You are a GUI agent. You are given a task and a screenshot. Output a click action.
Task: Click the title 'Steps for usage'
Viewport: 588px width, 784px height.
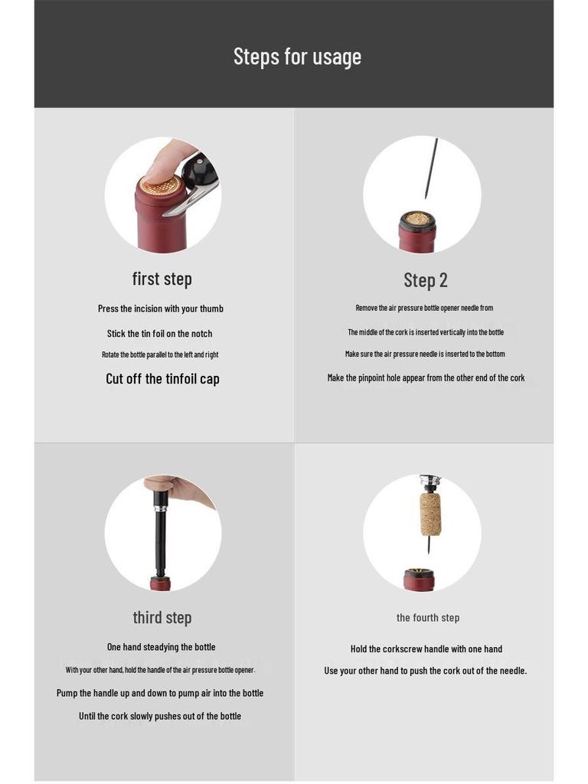pos(297,57)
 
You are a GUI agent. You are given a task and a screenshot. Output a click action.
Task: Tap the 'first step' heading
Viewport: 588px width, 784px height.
pos(162,279)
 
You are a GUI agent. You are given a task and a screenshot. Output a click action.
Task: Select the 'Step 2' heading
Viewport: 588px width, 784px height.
pos(425,280)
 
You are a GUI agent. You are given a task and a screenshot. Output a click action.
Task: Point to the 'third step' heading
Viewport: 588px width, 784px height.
pos(162,617)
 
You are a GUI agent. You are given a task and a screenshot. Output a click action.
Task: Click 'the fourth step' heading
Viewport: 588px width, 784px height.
pos(427,618)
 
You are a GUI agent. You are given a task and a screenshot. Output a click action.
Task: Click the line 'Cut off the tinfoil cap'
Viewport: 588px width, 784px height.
pos(162,379)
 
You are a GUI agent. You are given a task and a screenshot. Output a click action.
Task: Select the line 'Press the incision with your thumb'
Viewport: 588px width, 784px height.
pos(161,309)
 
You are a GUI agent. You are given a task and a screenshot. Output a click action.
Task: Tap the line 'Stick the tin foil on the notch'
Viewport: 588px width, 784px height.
pos(159,334)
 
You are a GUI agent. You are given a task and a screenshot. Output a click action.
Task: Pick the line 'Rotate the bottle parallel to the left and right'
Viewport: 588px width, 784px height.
pos(160,354)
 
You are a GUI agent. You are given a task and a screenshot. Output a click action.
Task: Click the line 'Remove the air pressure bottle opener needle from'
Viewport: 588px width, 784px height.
pos(424,308)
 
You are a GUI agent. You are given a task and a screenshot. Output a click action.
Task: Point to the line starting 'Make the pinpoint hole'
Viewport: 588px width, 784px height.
pos(426,377)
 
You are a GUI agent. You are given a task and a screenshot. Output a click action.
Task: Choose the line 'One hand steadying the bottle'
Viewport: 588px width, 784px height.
pos(161,647)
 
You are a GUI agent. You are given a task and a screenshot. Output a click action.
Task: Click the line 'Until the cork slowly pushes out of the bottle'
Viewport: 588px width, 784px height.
pos(160,716)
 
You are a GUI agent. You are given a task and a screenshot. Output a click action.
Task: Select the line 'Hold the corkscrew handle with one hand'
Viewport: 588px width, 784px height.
pos(426,649)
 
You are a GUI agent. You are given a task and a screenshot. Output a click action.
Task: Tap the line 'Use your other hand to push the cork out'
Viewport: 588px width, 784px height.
pos(426,671)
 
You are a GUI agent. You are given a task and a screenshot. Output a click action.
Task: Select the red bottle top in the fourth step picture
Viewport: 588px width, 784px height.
pos(419,580)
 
